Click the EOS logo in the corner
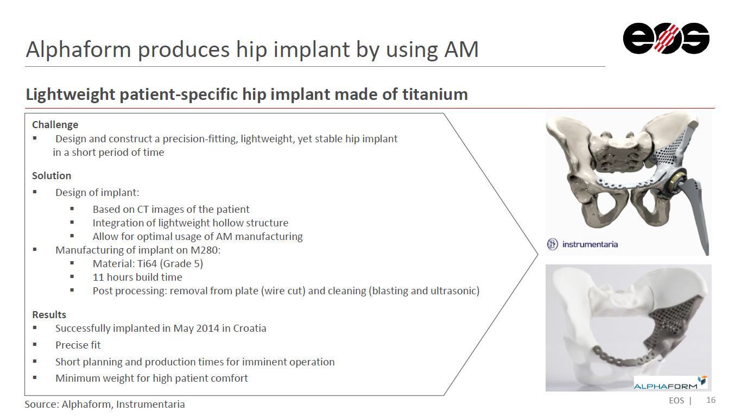[666, 38]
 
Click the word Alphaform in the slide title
[78, 49]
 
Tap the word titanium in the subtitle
[435, 94]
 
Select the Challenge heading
[55, 125]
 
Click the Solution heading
[52, 175]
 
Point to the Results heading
[49, 314]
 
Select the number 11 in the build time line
[98, 277]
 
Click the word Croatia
[250, 328]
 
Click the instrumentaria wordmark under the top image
[590, 244]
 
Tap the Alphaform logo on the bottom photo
[670, 383]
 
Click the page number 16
[711, 400]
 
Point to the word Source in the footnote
[42, 405]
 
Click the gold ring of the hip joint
[675, 184]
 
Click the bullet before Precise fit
[35, 345]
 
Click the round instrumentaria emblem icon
[552, 244]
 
